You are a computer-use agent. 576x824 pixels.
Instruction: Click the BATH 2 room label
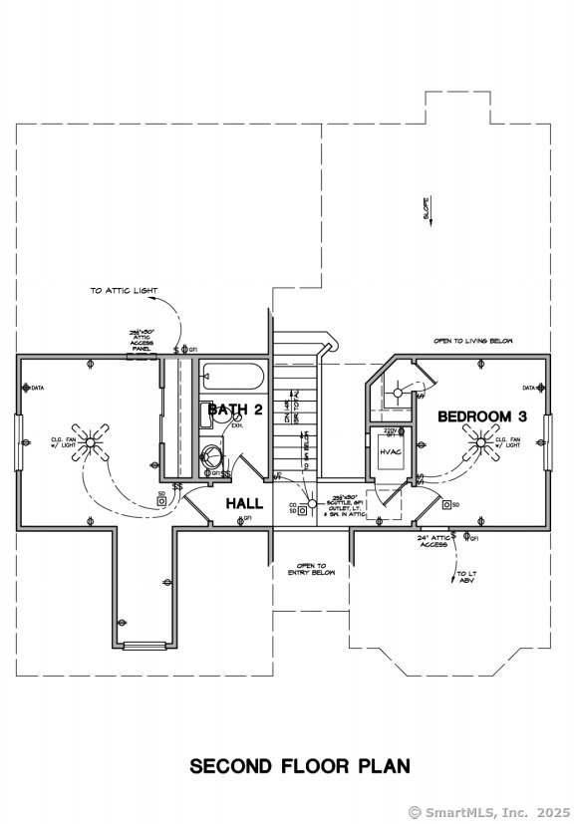[x=235, y=411]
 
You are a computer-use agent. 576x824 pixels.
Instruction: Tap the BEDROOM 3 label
[x=481, y=416]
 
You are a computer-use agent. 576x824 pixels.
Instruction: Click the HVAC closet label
[x=390, y=451]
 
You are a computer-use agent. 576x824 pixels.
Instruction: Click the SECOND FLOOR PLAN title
[x=299, y=766]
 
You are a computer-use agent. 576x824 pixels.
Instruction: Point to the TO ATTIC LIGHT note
[x=124, y=291]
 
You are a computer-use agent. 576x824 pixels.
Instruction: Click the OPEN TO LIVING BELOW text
[x=472, y=341]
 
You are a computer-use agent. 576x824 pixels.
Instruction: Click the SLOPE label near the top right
[x=427, y=207]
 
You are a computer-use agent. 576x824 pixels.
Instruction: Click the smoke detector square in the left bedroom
[x=161, y=501]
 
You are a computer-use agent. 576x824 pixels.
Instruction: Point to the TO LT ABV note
[x=466, y=579]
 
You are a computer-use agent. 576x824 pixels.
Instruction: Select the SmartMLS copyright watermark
[x=488, y=811]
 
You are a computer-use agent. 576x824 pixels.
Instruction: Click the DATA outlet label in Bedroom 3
[x=529, y=388]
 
